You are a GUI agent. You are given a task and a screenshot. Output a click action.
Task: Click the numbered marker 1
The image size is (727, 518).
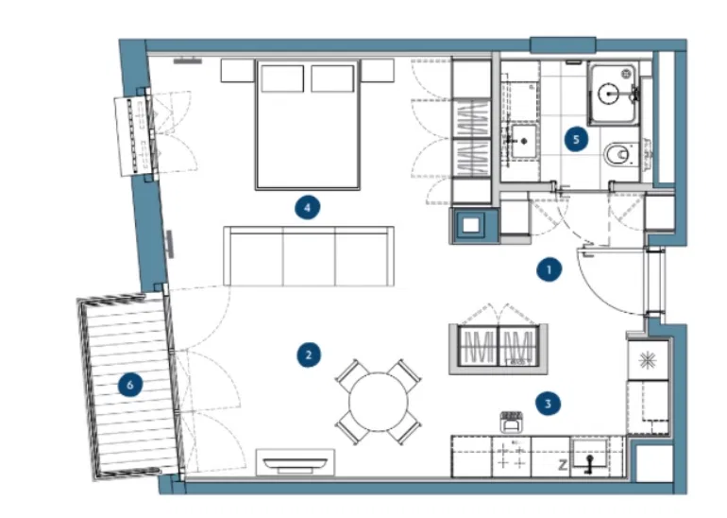pyautogui.click(x=549, y=269)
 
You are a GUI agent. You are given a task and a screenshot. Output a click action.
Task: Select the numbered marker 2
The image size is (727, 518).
pyautogui.click(x=309, y=355)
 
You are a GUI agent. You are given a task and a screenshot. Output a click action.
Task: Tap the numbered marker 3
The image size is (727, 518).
pyautogui.click(x=548, y=404)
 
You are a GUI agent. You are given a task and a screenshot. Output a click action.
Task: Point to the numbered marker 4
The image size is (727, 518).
pyautogui.click(x=308, y=207)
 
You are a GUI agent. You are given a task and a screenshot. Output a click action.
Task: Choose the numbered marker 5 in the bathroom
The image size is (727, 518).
pyautogui.click(x=576, y=139)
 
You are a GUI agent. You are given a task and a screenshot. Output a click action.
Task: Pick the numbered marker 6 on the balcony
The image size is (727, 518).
pyautogui.click(x=130, y=385)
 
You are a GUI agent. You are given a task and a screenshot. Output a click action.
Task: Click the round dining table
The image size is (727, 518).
pyautogui.click(x=379, y=402)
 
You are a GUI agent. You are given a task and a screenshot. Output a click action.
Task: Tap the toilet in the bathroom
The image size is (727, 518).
pyautogui.click(x=621, y=154)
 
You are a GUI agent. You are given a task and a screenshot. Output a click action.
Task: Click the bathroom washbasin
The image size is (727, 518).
pyautogui.click(x=524, y=141)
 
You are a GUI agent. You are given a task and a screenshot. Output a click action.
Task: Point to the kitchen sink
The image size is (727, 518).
pyautogui.click(x=589, y=455)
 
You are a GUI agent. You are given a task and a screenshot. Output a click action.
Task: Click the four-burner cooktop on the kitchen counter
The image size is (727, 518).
pyautogui.click(x=511, y=456)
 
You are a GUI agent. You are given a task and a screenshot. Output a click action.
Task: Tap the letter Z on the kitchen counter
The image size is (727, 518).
pyautogui.click(x=563, y=465)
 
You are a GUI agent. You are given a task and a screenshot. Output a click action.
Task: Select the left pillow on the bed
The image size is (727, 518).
pyautogui.click(x=282, y=78)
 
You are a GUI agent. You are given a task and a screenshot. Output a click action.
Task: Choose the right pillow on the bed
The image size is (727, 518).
pyautogui.click(x=332, y=78)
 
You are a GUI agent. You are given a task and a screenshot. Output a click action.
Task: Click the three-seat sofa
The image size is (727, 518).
pyautogui.click(x=309, y=256)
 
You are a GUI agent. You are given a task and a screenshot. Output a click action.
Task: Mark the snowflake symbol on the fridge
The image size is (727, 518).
pyautogui.click(x=648, y=361)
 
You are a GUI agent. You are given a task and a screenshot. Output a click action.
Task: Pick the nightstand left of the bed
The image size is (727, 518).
pyautogui.click(x=237, y=71)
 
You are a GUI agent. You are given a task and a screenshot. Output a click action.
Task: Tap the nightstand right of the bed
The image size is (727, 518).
pyautogui.click(x=378, y=70)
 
